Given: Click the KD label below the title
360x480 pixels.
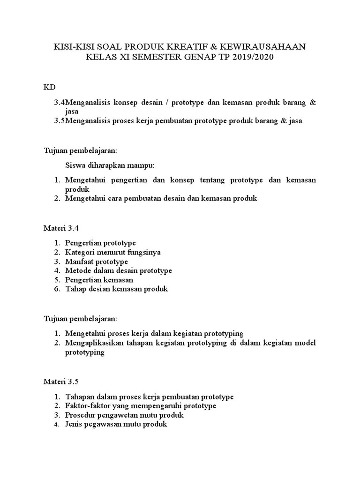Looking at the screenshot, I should (49, 87).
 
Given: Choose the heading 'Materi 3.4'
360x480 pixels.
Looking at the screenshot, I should (61, 228).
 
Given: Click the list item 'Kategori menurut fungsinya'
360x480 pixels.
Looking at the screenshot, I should (113, 252).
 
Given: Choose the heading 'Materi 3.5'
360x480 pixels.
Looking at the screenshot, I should (61, 382).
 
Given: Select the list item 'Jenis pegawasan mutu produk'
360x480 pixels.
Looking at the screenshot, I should (116, 425).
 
